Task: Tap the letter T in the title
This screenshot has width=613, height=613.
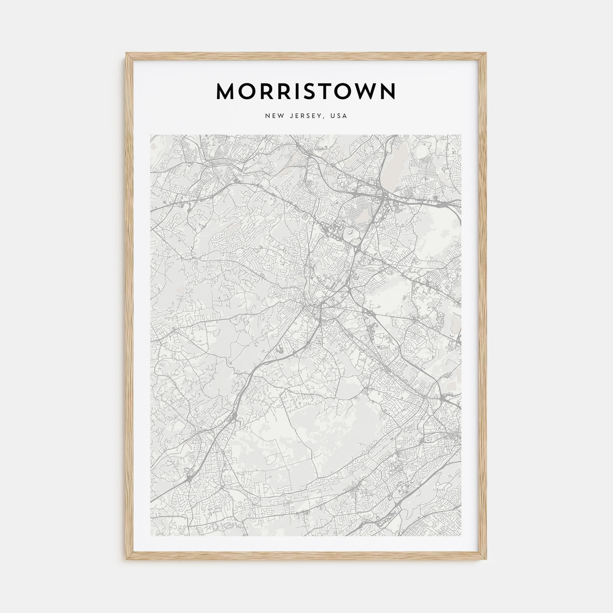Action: coord(324,91)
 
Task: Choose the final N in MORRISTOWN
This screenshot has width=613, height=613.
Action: coord(388,91)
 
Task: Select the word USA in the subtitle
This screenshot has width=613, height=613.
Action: coord(339,116)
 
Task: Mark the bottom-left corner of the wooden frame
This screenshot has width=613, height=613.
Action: coord(126,560)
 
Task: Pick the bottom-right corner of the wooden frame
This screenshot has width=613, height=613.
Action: coord(487,560)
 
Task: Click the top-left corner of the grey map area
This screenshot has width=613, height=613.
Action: coord(150,135)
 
